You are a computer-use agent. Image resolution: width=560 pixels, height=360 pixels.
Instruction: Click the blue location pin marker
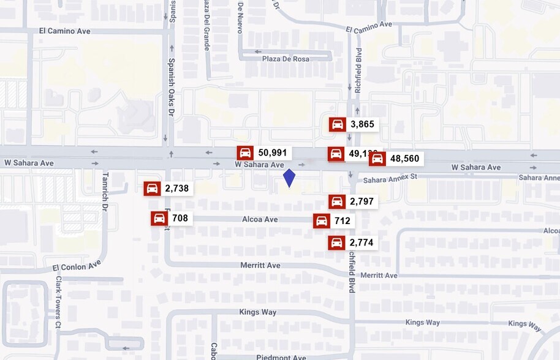[x=289, y=178]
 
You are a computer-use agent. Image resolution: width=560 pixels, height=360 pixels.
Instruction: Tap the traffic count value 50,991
[x=272, y=153]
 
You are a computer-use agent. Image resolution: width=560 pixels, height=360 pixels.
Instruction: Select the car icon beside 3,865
[x=337, y=124]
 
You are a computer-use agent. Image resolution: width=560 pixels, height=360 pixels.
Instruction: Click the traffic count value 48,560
[x=404, y=159]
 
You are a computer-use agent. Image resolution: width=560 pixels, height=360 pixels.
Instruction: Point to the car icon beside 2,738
[x=152, y=189]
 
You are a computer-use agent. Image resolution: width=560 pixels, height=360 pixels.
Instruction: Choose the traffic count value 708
[x=180, y=218]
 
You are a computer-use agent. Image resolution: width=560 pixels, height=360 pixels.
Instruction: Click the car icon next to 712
[x=321, y=221]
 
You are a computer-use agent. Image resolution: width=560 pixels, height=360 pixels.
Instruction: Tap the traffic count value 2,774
[x=361, y=242]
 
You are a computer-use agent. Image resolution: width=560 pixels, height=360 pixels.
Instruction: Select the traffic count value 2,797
[x=361, y=201]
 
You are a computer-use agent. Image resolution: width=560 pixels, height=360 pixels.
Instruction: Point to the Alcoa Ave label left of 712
[x=260, y=219]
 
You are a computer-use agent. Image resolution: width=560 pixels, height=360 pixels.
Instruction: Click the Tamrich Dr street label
[x=104, y=199]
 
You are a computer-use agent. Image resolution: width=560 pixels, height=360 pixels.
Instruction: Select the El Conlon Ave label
[x=77, y=266]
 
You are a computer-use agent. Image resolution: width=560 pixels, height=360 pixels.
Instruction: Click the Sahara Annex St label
[x=390, y=179]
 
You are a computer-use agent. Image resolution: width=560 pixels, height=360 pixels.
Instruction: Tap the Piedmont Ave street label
[x=281, y=357]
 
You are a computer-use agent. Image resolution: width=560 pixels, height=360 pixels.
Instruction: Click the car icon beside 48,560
[x=377, y=159]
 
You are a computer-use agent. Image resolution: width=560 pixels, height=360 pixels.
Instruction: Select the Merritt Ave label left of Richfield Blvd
[x=260, y=265]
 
